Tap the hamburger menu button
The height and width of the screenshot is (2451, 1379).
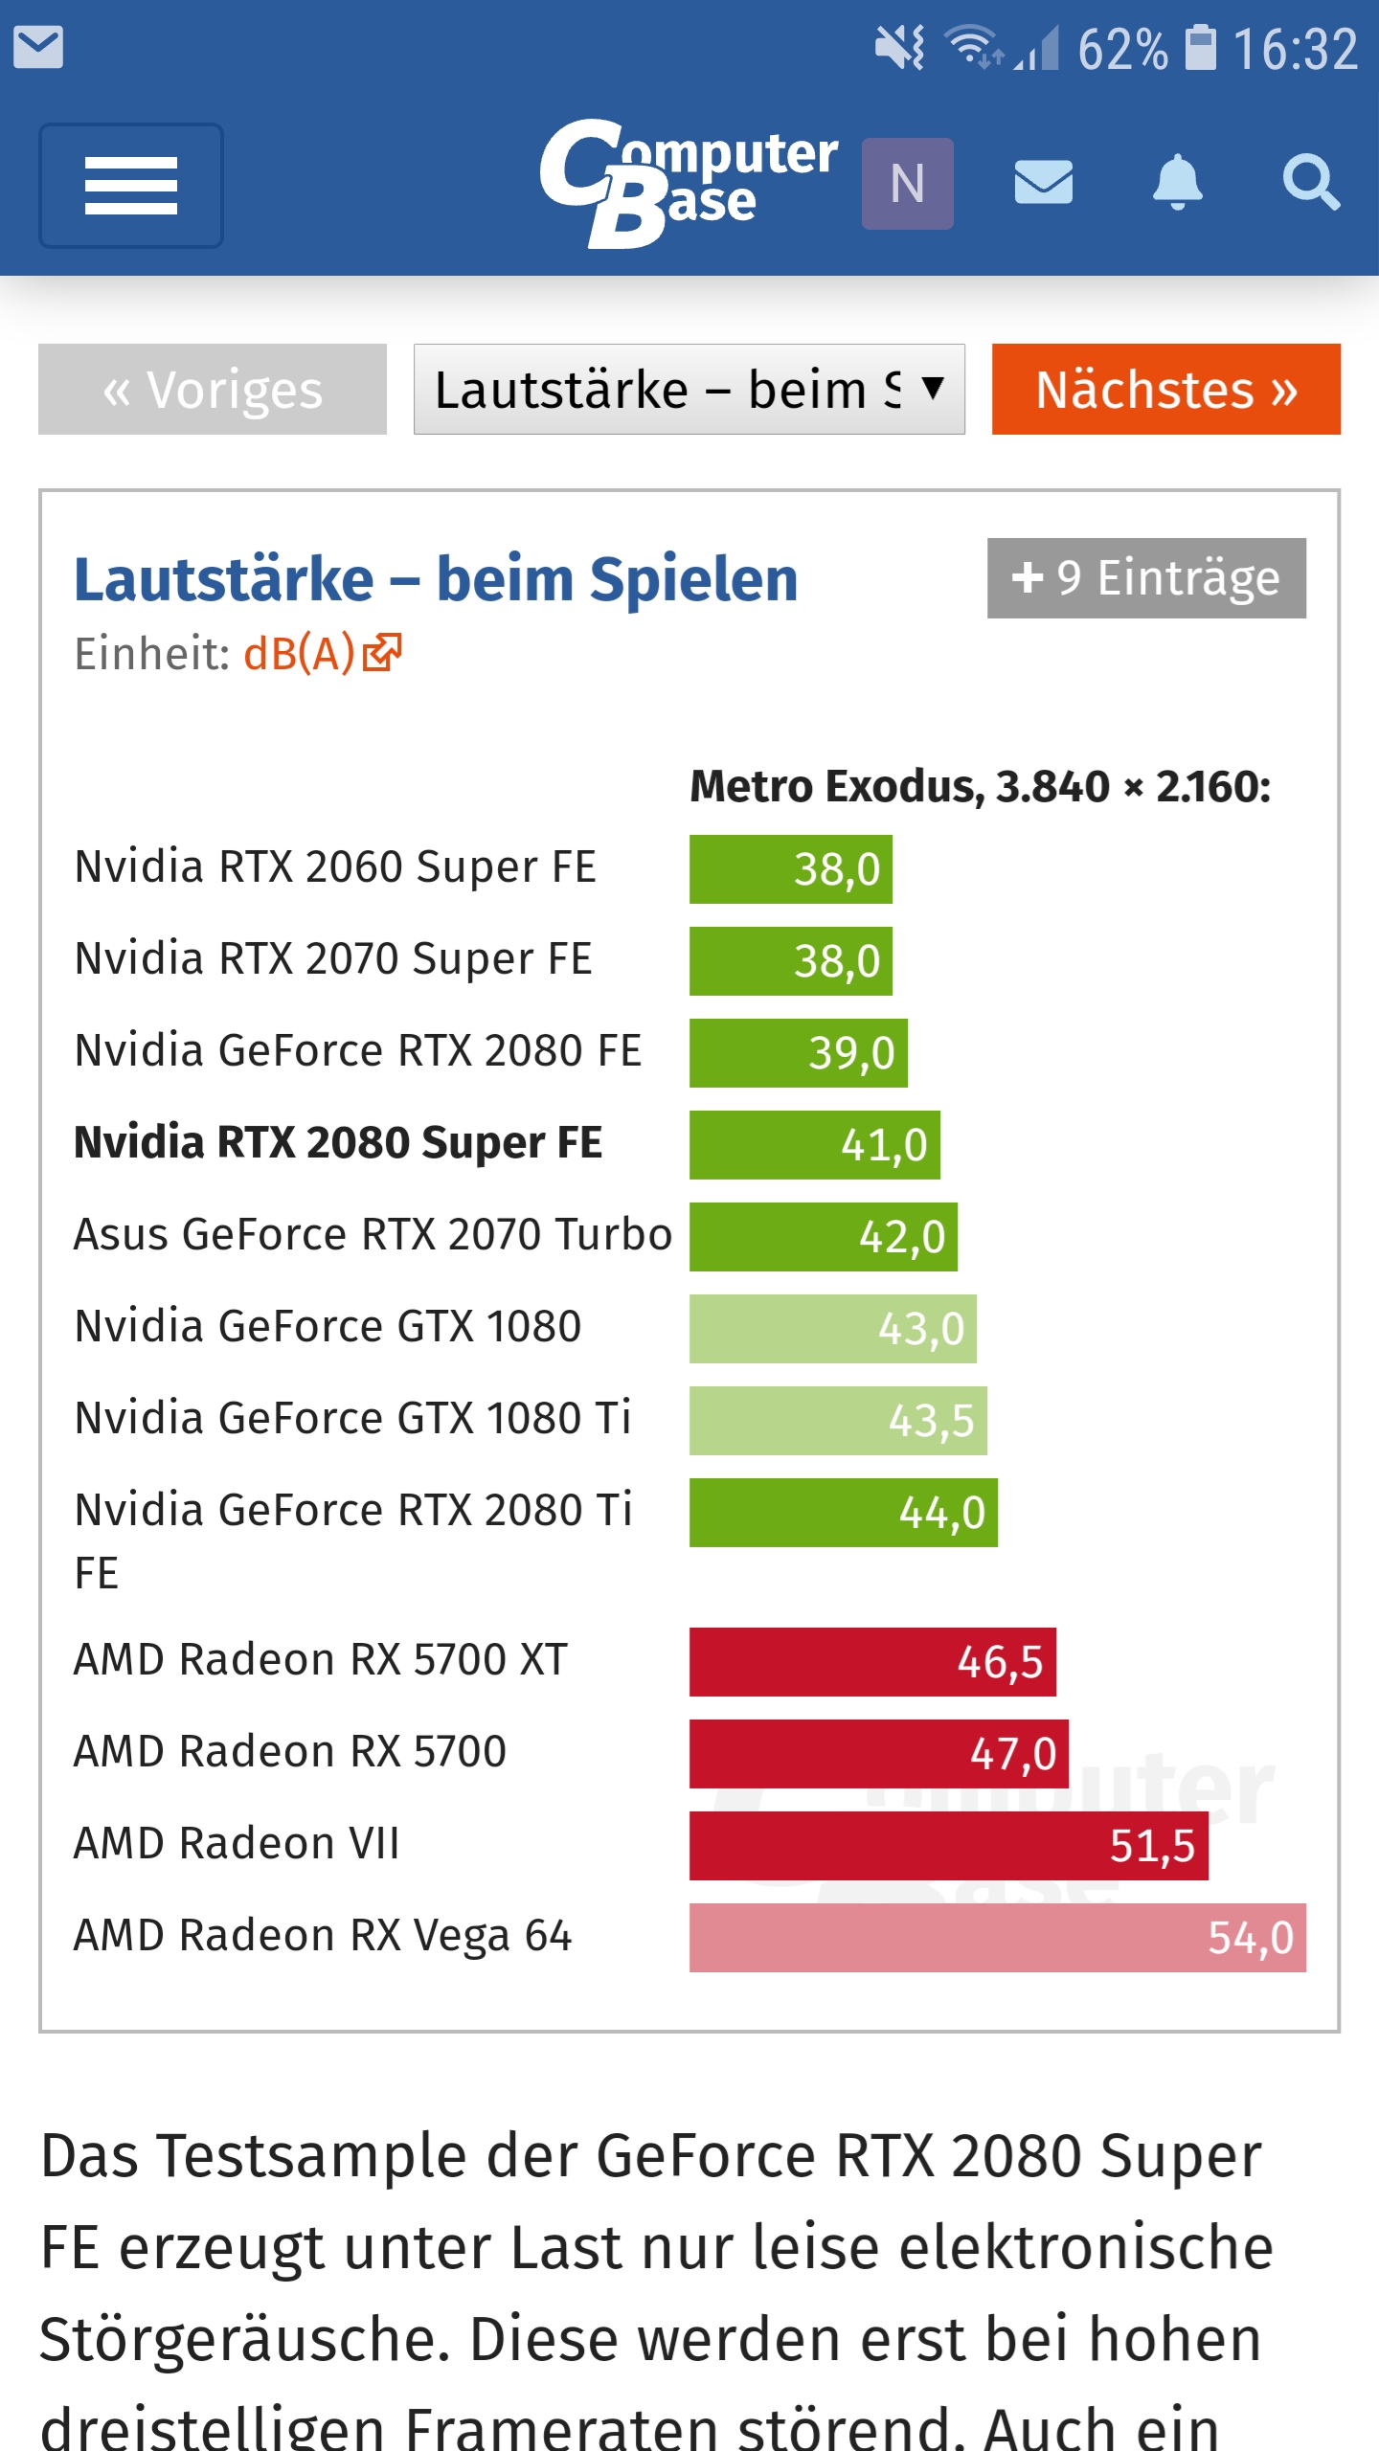131,185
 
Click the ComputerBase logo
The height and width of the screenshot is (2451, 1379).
688,183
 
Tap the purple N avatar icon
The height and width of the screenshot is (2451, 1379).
907,183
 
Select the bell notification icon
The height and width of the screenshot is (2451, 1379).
1177,182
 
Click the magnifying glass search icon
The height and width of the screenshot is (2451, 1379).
1310,182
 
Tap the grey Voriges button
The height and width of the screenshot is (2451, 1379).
213,390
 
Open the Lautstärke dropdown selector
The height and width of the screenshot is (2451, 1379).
689,390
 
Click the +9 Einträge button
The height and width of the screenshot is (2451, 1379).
1146,578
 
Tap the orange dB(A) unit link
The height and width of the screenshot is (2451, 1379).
322,654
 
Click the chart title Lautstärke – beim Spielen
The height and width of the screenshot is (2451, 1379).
436,579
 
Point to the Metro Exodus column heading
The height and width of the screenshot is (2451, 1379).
980,786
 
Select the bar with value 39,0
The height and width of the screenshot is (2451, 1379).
798,1053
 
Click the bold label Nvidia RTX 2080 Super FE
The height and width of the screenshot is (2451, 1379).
338,1143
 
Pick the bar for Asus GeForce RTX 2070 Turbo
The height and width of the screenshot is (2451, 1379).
823,1237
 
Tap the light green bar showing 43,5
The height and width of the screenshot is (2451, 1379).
838,1421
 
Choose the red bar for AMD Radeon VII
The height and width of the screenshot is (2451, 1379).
948,1846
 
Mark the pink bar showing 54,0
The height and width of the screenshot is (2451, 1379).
997,1938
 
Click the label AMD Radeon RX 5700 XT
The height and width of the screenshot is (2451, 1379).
321,1660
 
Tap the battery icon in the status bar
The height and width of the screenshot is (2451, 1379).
1201,48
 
